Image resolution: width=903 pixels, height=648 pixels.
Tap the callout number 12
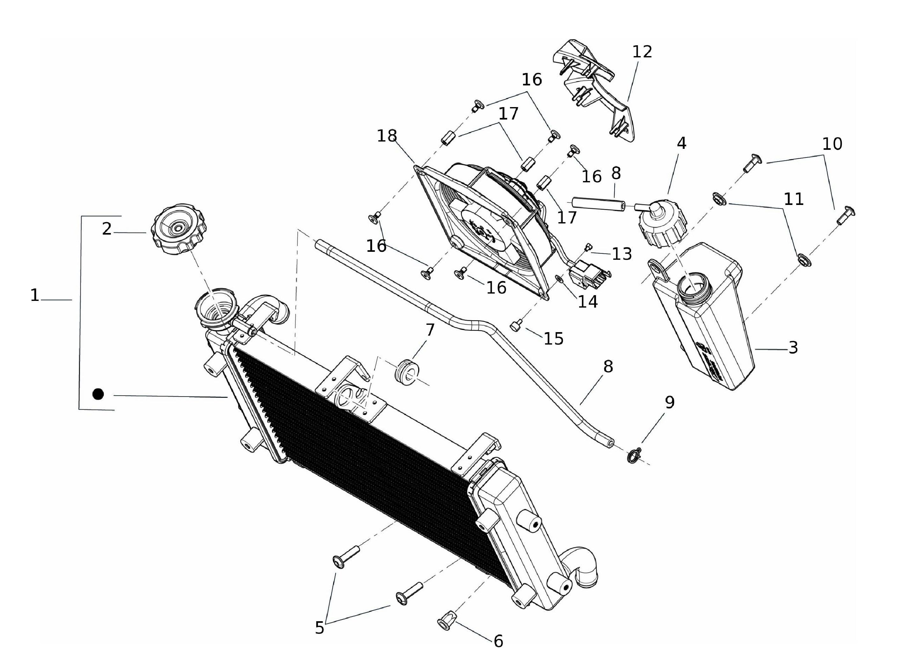pos(642,52)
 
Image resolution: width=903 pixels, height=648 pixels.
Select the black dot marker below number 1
pos(98,394)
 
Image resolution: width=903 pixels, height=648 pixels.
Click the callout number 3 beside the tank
pos(793,348)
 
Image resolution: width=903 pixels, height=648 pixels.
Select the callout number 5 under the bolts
pos(320,628)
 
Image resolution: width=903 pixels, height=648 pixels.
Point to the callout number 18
pos(387,136)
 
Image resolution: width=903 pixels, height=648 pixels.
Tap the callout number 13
pos(622,254)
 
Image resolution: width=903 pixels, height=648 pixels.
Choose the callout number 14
pos(588,302)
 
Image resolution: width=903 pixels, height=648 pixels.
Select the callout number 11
pos(793,199)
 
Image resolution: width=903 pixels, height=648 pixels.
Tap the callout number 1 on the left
pos(35,295)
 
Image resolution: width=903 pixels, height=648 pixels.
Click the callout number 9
pos(670,403)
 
